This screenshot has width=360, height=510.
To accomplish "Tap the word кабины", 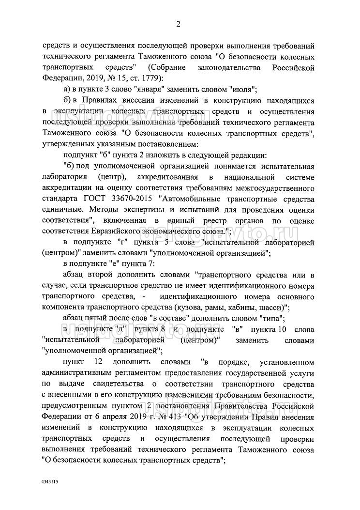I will tap(247, 308).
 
